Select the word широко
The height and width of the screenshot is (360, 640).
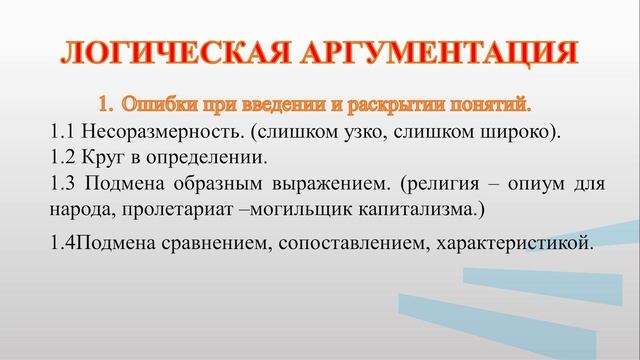click(509, 131)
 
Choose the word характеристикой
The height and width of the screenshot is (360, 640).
click(515, 243)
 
